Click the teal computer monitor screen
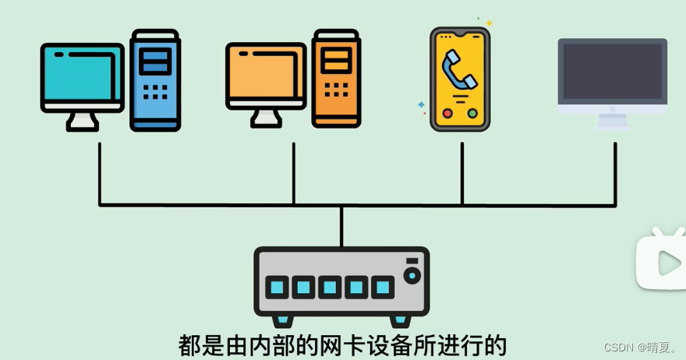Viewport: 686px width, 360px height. point(81,73)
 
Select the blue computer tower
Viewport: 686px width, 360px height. point(155,79)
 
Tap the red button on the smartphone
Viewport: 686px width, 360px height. point(447,113)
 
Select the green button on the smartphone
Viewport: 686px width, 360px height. point(472,113)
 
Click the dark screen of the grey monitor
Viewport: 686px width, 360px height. point(612,72)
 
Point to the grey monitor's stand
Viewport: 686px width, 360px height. point(612,121)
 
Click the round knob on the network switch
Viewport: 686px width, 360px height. point(412,274)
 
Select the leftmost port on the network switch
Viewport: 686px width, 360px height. point(277,288)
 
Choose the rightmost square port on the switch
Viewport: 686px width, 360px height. point(382,288)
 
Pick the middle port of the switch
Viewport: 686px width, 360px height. point(330,288)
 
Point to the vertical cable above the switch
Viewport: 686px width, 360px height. point(341,226)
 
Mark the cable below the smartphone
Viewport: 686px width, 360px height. point(462,171)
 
